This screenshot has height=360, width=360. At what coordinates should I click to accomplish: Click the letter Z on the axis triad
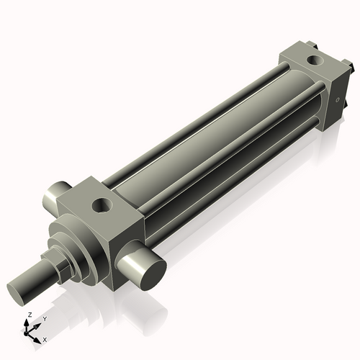click(29, 315)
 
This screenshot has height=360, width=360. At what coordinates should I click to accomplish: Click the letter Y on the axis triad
click(44, 318)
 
